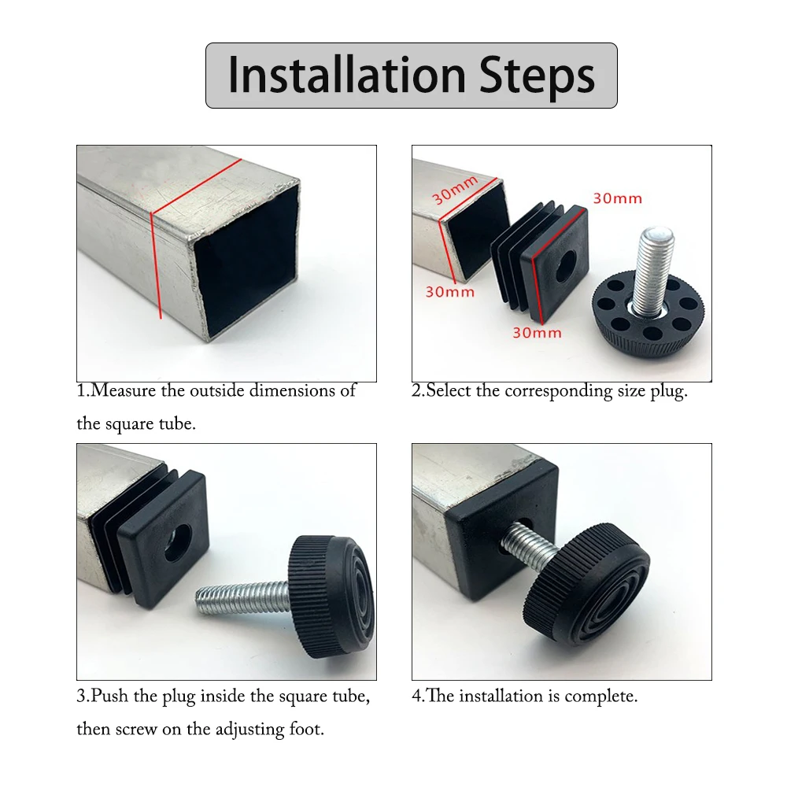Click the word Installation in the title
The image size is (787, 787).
coord(347,76)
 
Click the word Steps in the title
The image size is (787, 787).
coord(537,76)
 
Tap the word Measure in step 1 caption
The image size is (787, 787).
coord(124,390)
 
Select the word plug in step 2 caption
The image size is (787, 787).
coord(669,391)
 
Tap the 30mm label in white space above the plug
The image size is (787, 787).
coord(617,199)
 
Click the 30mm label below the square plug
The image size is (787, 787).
coord(537,333)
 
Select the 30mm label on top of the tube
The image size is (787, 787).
coord(455,190)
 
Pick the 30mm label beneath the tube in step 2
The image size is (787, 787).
coord(449,292)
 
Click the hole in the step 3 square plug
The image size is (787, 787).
coord(177,543)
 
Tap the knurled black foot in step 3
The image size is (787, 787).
coord(331,597)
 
